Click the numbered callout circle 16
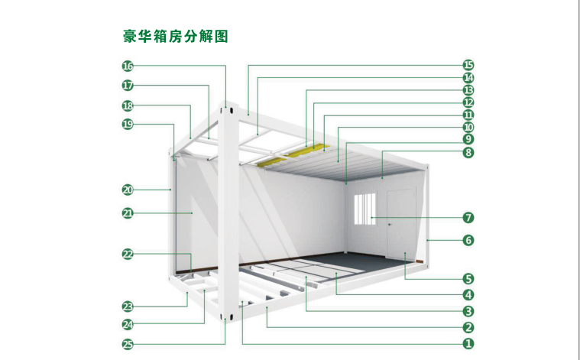click(x=128, y=66)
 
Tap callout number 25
click(x=128, y=345)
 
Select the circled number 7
click(x=468, y=218)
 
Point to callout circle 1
click(x=468, y=343)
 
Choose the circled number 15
click(x=468, y=65)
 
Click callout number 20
click(x=128, y=190)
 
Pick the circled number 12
click(x=468, y=102)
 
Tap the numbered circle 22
click(x=128, y=255)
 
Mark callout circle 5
click(x=468, y=279)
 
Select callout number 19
click(x=128, y=124)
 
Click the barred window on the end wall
click(x=365, y=209)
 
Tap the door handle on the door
click(x=390, y=224)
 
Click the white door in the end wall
click(x=401, y=223)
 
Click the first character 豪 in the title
click(x=130, y=37)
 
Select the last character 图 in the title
click(x=221, y=37)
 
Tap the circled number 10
click(x=468, y=128)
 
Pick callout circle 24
click(x=128, y=325)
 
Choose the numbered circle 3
click(x=468, y=311)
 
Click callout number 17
click(x=128, y=86)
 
